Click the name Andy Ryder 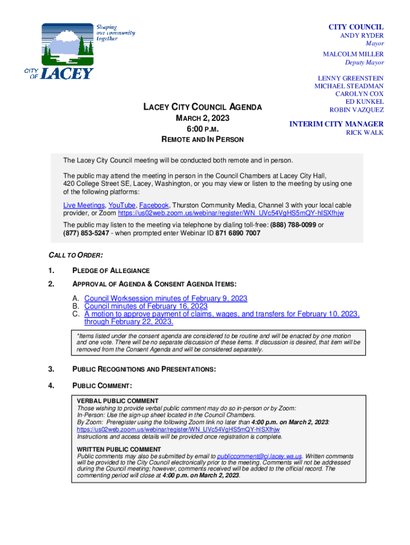362,36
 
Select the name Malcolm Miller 353,54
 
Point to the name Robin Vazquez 356,110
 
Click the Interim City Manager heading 336,124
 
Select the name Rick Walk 365,133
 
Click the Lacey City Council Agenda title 202,107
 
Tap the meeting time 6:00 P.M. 202,129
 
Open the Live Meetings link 84,205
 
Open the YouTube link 121,205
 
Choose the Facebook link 154,205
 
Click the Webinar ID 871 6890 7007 238,233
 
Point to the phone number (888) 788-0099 293,225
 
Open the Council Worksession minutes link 166,299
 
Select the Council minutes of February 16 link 146,306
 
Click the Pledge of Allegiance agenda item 111,270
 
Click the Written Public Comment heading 119,449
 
